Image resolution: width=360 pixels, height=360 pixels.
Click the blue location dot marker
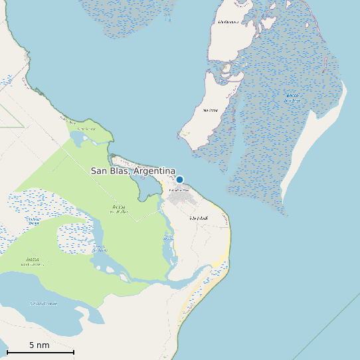click(x=179, y=179)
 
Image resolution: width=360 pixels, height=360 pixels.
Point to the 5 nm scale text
click(x=39, y=345)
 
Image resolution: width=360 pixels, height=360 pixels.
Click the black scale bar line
click(x=40, y=352)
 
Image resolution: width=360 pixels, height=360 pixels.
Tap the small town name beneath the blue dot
click(x=179, y=190)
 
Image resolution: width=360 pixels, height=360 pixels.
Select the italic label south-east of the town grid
click(x=199, y=218)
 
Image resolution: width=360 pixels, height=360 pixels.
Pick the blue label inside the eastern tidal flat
click(x=292, y=98)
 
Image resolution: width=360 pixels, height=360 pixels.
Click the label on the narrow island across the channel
click(x=211, y=110)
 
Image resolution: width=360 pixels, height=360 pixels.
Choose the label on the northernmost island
click(x=228, y=22)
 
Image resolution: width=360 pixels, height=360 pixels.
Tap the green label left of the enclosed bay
click(x=119, y=209)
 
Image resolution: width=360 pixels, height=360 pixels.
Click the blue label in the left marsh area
click(x=33, y=222)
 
